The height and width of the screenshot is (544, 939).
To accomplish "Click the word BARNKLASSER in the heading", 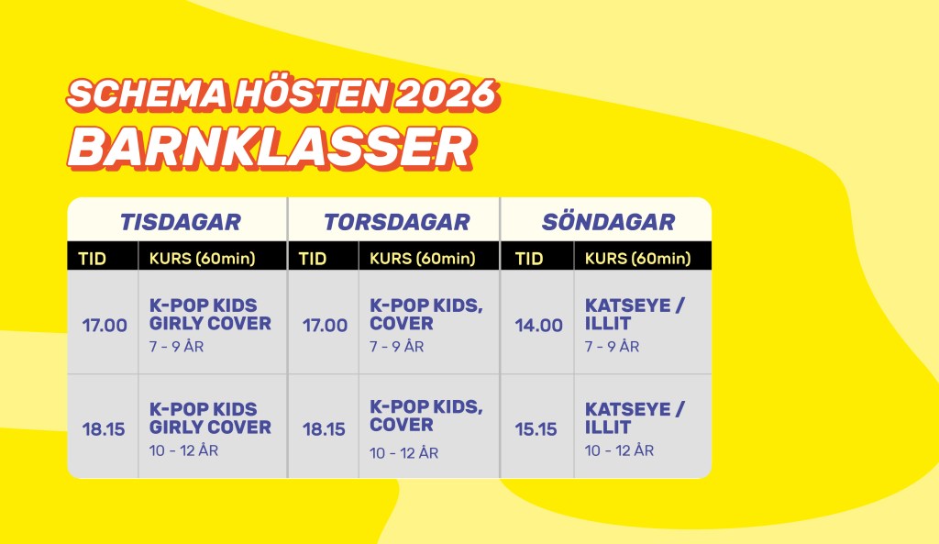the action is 271,148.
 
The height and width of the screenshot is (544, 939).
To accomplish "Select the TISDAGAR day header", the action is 181,222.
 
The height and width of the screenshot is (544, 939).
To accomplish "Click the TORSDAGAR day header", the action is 397,222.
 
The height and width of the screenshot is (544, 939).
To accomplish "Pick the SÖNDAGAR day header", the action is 609,221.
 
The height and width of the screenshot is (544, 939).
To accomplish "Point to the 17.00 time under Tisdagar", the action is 105,326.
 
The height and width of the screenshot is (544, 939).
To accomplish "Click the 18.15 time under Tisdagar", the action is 104,429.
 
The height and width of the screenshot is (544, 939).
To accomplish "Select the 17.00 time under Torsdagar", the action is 326,326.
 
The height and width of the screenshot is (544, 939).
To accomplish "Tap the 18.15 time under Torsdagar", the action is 324,429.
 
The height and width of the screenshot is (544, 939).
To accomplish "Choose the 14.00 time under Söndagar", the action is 539,326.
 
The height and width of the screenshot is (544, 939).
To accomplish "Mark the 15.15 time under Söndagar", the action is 536,429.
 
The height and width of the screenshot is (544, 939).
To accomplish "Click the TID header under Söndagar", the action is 529,258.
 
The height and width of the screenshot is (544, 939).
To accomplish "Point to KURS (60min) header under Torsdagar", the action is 423,258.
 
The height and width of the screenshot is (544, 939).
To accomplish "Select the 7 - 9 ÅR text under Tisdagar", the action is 177,346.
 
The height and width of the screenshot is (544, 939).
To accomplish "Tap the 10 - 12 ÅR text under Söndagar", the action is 619,450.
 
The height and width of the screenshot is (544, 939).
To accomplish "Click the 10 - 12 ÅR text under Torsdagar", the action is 403,452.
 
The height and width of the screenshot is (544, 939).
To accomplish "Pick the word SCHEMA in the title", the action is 148,94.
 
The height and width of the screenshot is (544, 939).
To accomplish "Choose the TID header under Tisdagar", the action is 93,258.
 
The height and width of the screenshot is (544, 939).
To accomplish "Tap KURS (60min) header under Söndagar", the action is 638,258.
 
